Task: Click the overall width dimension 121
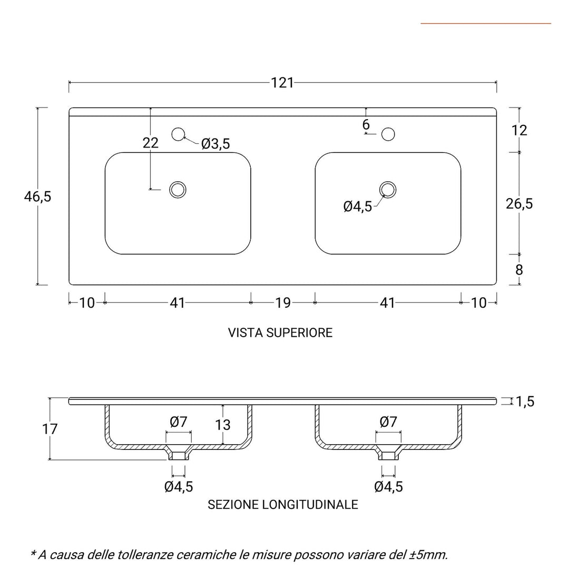(x=282, y=83)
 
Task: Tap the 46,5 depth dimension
(x=38, y=197)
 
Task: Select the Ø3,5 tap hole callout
(x=215, y=144)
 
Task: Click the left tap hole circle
(x=178, y=134)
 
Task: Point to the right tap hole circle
(x=388, y=134)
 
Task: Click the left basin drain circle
(x=178, y=190)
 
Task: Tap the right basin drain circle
(x=388, y=190)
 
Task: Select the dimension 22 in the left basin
(x=150, y=143)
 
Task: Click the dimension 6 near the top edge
(x=366, y=125)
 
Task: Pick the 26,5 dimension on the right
(x=519, y=204)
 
